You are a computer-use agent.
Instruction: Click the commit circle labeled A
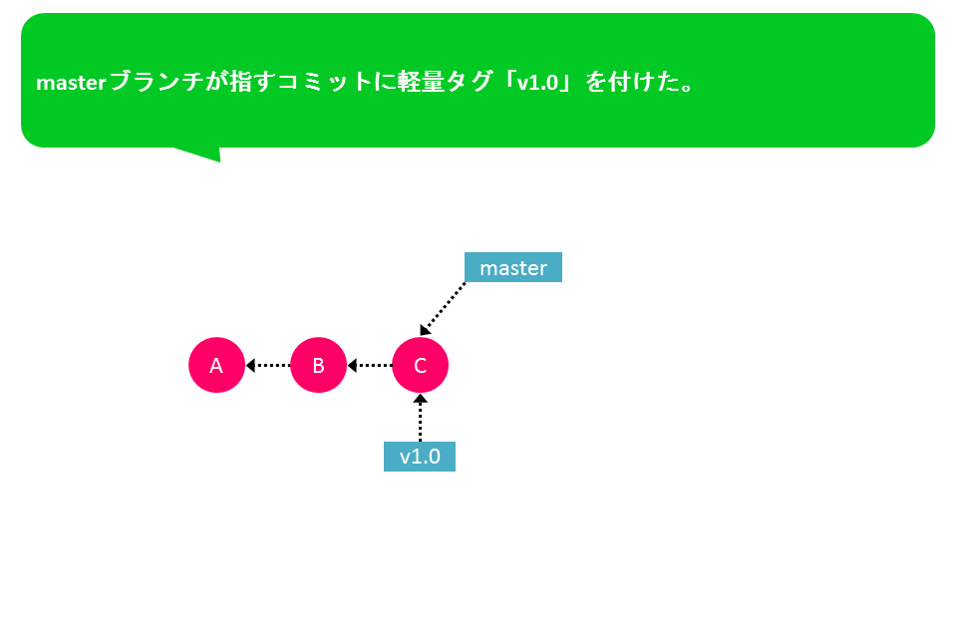(x=216, y=365)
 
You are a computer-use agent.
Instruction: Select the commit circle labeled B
(x=319, y=365)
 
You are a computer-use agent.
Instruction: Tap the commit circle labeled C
(x=421, y=365)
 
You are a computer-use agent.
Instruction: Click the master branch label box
(x=513, y=267)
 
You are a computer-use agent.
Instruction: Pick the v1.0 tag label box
(x=420, y=457)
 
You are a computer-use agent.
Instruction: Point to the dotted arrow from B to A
(x=268, y=366)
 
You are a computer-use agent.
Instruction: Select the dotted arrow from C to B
(x=370, y=366)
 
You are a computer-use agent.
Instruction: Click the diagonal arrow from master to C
(x=443, y=309)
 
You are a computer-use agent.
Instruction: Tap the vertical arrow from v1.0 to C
(x=420, y=418)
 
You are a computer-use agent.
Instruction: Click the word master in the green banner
(x=72, y=83)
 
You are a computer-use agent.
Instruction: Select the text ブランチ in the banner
(x=157, y=81)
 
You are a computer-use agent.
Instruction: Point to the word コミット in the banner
(x=325, y=81)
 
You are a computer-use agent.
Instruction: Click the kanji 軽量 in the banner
(x=421, y=81)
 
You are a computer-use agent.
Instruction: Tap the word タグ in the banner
(x=469, y=81)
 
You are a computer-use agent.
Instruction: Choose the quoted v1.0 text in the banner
(x=537, y=83)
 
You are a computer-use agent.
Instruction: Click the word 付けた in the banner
(x=644, y=81)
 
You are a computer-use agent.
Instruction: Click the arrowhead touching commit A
(x=249, y=366)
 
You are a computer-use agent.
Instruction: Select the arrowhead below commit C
(x=420, y=399)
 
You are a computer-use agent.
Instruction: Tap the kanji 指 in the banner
(x=241, y=81)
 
